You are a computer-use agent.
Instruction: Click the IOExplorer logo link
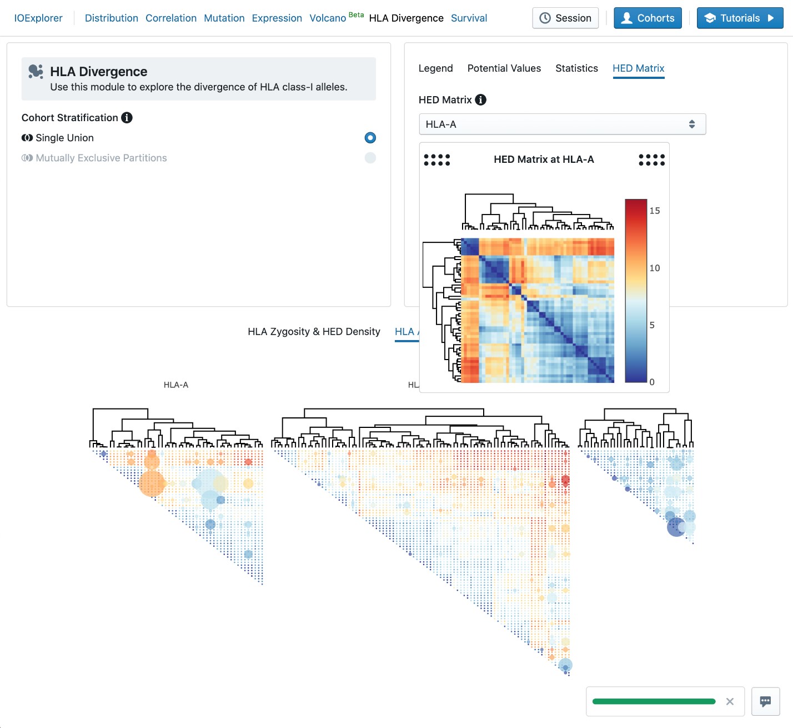click(38, 18)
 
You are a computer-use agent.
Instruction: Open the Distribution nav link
click(111, 18)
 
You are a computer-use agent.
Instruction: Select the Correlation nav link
click(170, 18)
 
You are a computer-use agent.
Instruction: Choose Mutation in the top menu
click(224, 18)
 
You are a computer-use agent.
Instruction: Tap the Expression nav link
click(277, 18)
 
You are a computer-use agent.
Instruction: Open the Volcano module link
click(328, 18)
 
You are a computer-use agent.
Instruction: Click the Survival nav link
click(469, 18)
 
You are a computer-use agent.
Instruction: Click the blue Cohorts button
click(648, 18)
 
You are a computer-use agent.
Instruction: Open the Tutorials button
click(740, 18)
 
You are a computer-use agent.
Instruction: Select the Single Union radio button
click(370, 138)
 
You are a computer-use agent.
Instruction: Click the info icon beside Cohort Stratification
click(127, 118)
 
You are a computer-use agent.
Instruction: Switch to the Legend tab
click(435, 68)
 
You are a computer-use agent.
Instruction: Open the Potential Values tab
click(504, 68)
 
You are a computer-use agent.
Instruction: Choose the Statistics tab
click(576, 68)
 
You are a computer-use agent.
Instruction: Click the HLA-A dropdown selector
click(562, 124)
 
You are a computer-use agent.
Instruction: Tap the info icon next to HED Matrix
click(481, 100)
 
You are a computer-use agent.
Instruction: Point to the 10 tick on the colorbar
click(655, 268)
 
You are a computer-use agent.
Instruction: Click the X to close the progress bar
click(730, 702)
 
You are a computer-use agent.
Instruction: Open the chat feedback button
click(765, 701)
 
